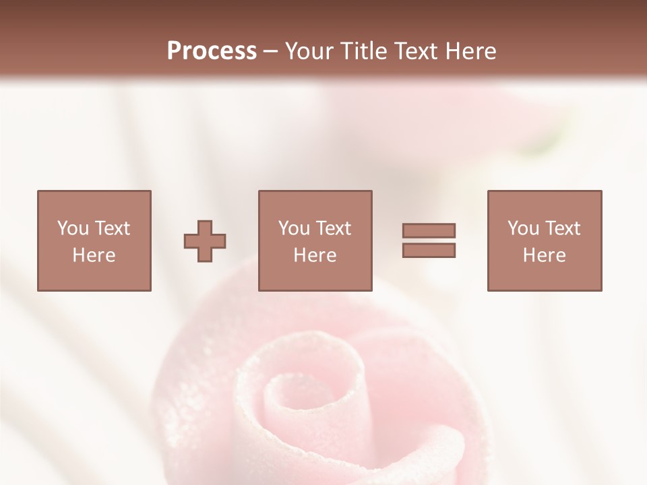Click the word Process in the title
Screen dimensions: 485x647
(212, 51)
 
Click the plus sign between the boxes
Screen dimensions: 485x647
(205, 241)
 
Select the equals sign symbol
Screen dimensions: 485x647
(429, 240)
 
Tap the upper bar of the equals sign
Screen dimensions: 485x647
(429, 231)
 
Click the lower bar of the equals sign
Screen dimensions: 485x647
(429, 250)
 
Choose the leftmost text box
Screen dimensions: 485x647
(94, 240)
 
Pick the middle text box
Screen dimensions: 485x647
(315, 240)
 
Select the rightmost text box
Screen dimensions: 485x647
(545, 240)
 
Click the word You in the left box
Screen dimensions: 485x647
(72, 228)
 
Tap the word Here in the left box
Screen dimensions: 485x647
(94, 255)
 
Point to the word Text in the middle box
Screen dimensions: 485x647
(334, 228)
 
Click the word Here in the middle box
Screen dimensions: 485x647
(315, 255)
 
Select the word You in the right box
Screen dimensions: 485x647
(523, 228)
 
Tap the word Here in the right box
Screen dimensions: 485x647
(545, 255)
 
